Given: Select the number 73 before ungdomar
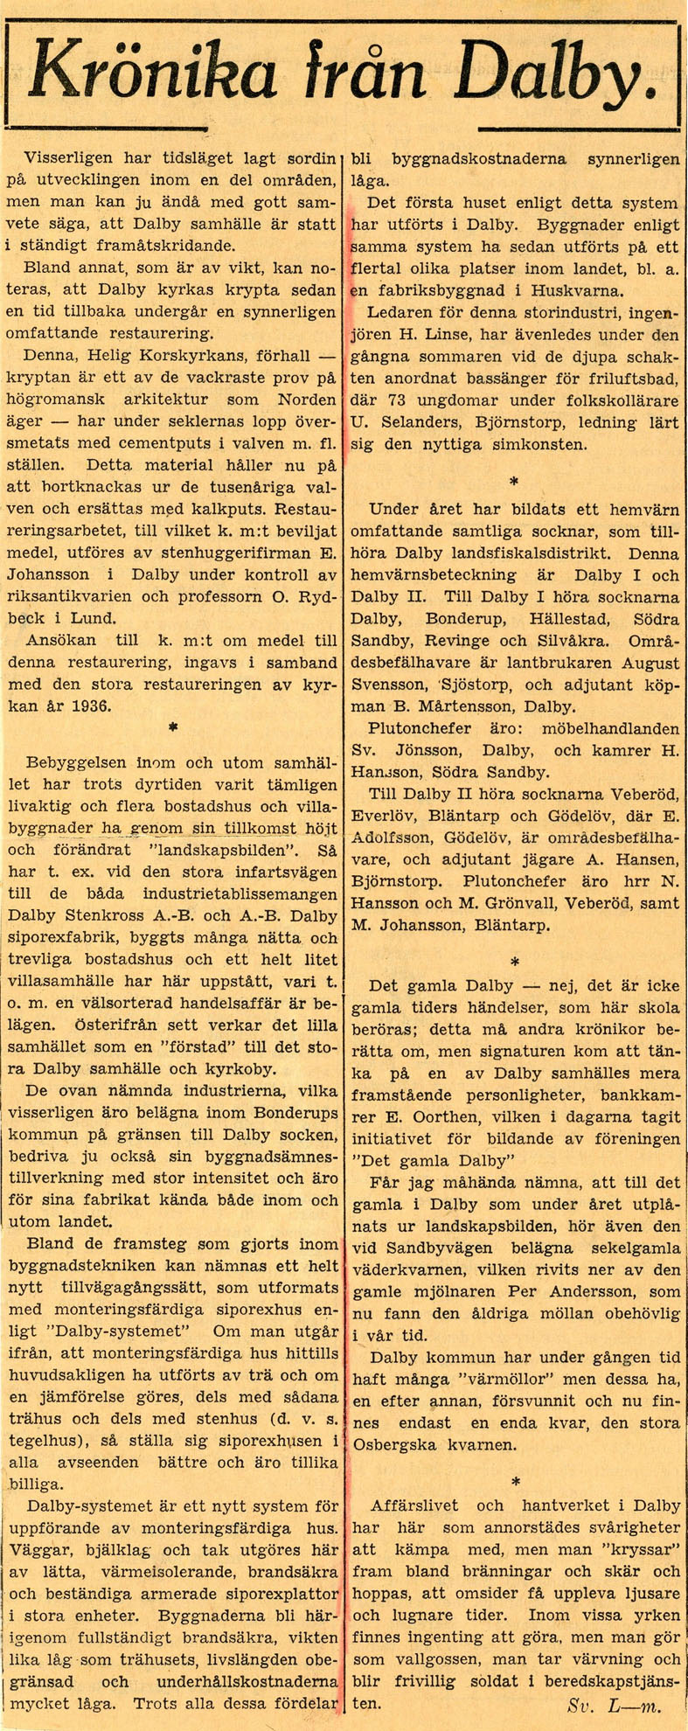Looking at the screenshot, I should (394, 401).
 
